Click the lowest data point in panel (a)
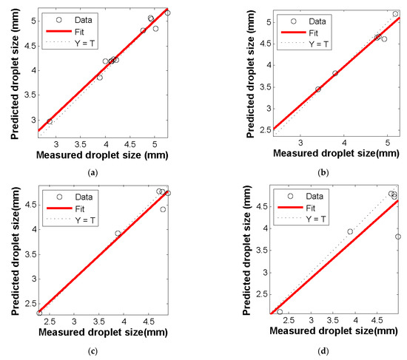pyautogui.click(x=50, y=122)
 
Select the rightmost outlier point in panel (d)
pyautogui.click(x=398, y=237)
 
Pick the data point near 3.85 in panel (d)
pyautogui.click(x=350, y=231)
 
